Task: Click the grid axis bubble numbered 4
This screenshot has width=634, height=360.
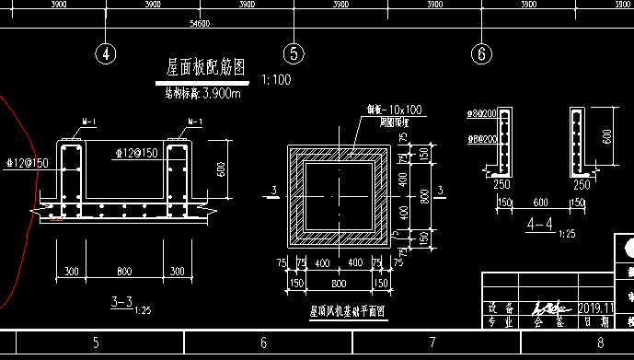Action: pyautogui.click(x=107, y=53)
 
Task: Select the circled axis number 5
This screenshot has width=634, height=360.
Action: pyautogui.click(x=294, y=53)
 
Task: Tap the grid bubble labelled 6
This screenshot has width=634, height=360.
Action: pyautogui.click(x=480, y=53)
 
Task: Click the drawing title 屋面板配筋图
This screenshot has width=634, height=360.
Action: pyautogui.click(x=205, y=68)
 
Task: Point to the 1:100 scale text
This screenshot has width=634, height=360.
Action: pyautogui.click(x=276, y=80)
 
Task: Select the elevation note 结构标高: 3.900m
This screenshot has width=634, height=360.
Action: pyautogui.click(x=202, y=93)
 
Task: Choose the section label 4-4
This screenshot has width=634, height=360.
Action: pyautogui.click(x=540, y=224)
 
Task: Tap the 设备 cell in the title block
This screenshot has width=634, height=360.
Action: pyautogui.click(x=502, y=307)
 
